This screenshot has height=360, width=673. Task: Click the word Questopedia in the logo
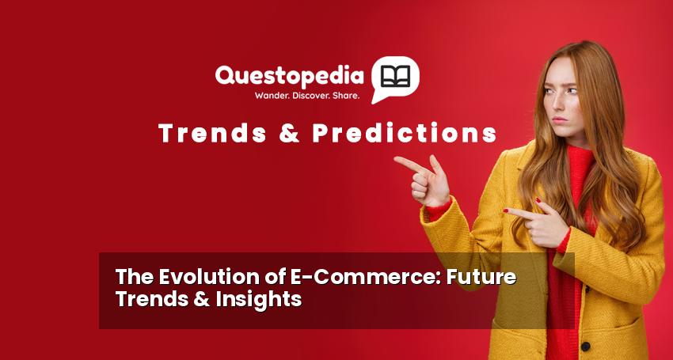tap(289, 76)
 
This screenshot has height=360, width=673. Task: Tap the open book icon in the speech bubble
tap(396, 76)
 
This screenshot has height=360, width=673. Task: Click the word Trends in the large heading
tap(212, 133)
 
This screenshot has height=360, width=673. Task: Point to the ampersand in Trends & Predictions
tap(289, 133)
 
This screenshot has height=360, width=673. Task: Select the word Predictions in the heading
tap(405, 133)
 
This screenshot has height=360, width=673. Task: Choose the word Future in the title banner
tap(481, 277)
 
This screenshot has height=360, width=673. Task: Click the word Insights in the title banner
tap(259, 299)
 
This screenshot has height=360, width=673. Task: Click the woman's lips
tap(559, 119)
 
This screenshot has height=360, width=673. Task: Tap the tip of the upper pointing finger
tap(396, 159)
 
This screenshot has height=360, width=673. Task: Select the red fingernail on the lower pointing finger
tap(506, 210)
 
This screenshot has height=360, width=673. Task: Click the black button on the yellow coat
tap(585, 347)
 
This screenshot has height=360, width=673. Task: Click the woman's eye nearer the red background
tap(549, 92)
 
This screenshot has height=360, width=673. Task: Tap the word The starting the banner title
tap(135, 277)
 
